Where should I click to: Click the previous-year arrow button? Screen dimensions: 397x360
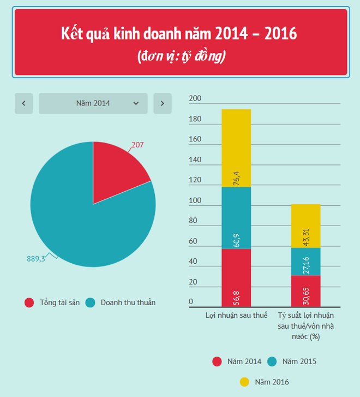point(23,103)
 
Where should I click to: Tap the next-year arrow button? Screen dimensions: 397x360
point(163,103)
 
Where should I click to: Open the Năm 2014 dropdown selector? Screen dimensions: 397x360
point(93,103)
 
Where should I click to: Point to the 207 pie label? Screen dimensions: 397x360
point(137,145)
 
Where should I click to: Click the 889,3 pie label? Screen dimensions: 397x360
point(36,258)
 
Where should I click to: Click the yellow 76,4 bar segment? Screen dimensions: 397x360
point(236,147)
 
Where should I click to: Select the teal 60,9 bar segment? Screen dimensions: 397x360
point(236,218)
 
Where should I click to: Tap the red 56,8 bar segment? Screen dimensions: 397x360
point(236,277)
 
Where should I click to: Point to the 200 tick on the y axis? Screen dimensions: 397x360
point(195,99)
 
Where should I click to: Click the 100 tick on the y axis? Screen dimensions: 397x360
point(195,201)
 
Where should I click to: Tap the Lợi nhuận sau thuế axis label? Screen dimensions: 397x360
point(236,316)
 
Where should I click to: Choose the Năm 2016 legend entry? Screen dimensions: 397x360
point(264,382)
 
